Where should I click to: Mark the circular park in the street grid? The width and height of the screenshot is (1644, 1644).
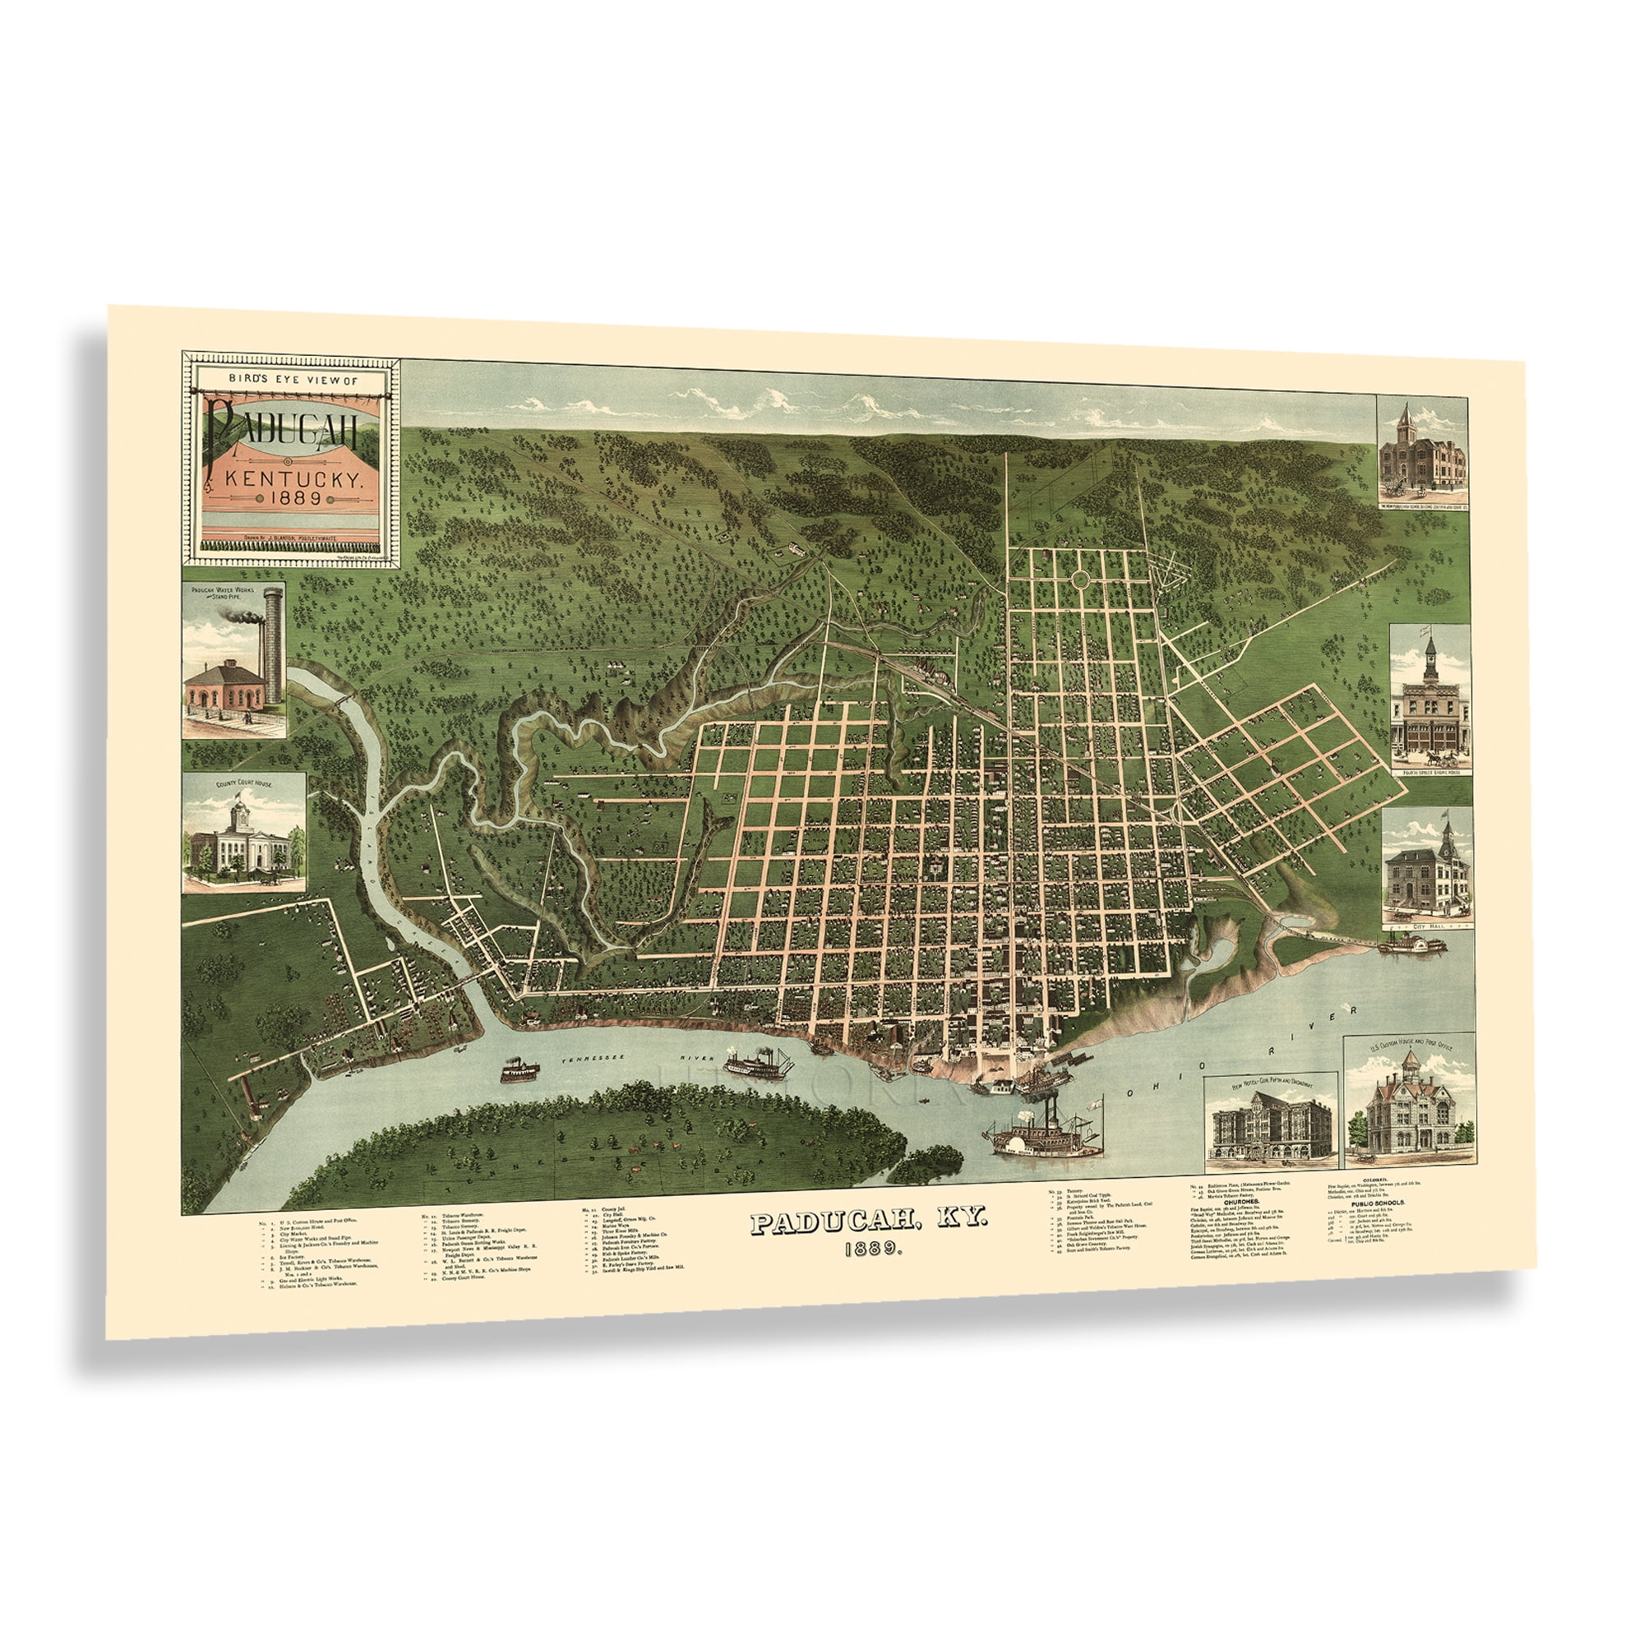(x=1081, y=580)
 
